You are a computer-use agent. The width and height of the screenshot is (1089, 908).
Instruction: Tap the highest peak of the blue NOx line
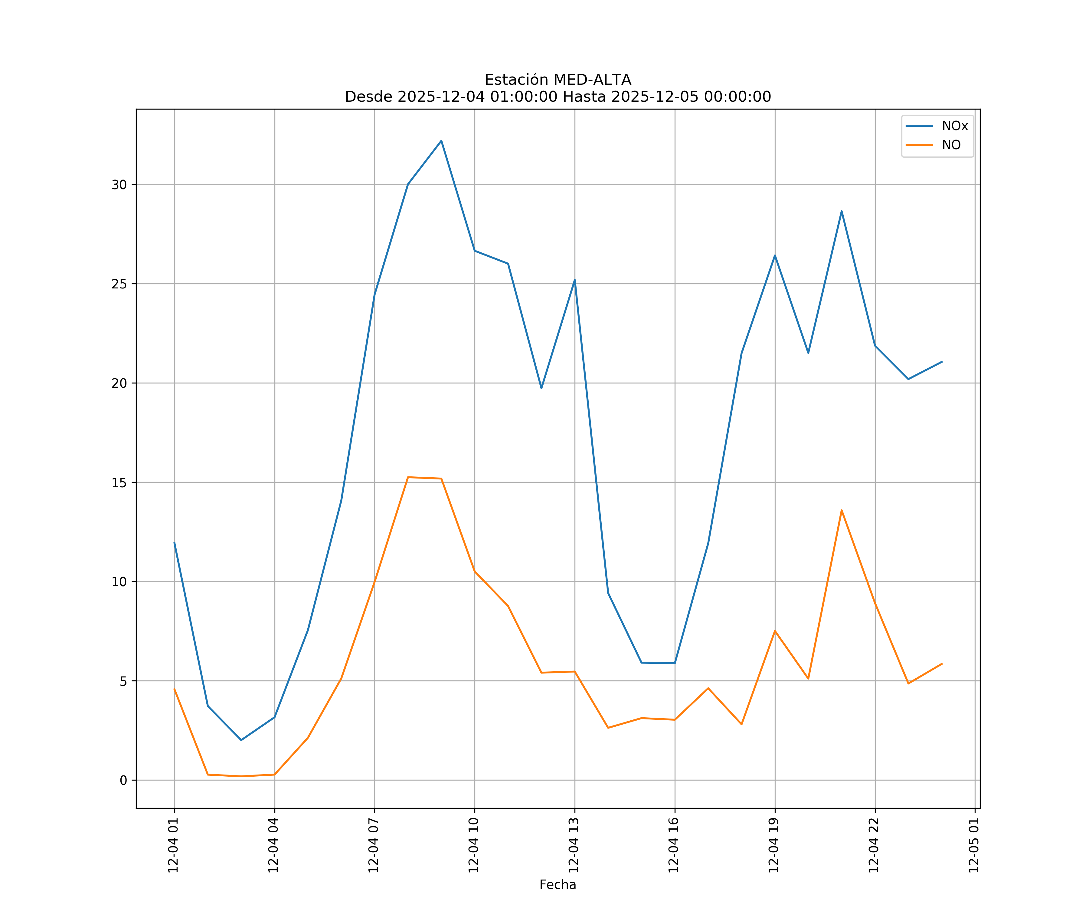(x=441, y=141)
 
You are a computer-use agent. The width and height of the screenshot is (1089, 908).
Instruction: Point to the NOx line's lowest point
(x=241, y=740)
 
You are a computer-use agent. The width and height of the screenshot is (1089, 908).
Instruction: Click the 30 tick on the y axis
(x=119, y=185)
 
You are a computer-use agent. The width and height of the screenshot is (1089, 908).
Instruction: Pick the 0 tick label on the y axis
(x=123, y=780)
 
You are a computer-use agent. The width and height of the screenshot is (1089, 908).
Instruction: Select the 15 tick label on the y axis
(x=119, y=482)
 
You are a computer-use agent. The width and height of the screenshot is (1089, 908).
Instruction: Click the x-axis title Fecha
(x=558, y=885)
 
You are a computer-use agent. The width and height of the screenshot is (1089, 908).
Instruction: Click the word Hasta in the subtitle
(x=584, y=97)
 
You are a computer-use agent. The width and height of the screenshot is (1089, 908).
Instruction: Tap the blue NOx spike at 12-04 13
(x=574, y=280)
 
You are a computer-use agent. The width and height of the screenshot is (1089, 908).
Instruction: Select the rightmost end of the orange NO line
(x=942, y=664)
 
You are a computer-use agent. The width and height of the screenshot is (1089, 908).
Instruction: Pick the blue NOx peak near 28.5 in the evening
(x=842, y=211)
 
